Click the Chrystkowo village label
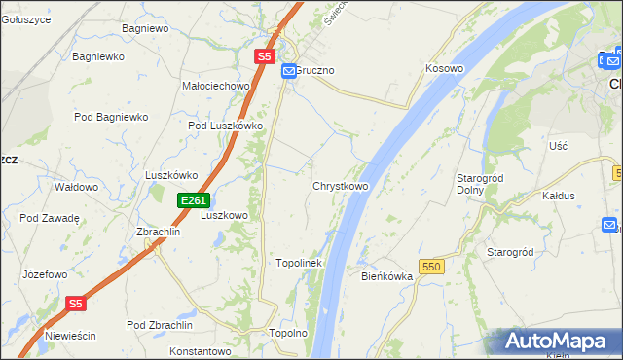pos(340,186)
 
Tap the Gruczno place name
pos(314,72)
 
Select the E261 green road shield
pos(193,200)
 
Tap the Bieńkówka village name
pos(387,276)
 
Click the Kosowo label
pos(444,69)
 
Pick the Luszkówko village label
pos(171,175)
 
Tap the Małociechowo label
pos(216,86)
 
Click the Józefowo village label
pos(44,274)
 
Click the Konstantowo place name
pos(204,350)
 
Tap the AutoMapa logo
pos(556,342)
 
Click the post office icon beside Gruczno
pos(289,72)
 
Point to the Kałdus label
pos(559,196)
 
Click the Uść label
pos(558,145)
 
